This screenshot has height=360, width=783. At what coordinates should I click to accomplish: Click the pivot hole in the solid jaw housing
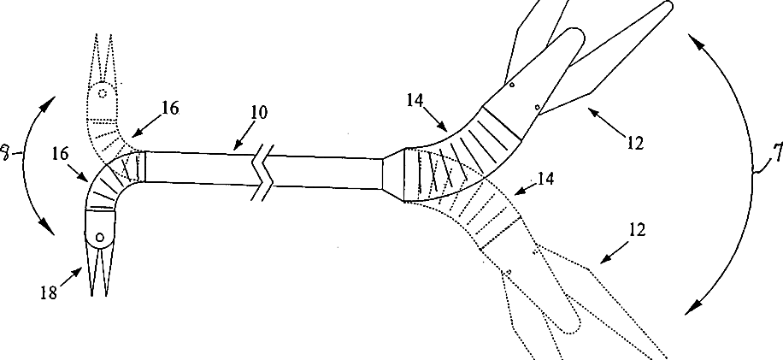(x=99, y=236)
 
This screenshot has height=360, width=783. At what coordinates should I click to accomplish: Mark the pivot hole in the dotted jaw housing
(x=102, y=91)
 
